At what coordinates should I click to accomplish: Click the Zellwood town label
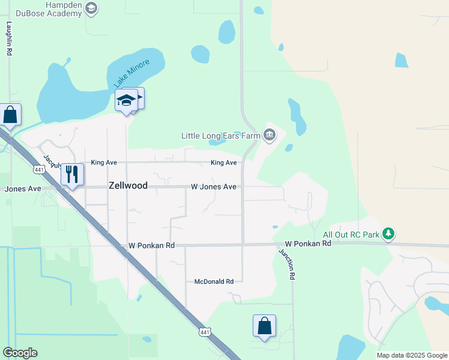tap(128, 186)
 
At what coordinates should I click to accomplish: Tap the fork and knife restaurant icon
tap(72, 174)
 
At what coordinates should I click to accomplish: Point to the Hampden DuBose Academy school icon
tap(91, 8)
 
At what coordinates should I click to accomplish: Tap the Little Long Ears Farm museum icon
tap(270, 136)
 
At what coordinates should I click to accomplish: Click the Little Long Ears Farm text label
tap(221, 136)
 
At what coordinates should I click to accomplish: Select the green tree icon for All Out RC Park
tap(389, 234)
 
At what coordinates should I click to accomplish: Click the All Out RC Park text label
tap(351, 235)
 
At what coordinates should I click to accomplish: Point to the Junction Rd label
tap(288, 264)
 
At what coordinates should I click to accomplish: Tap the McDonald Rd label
tap(214, 281)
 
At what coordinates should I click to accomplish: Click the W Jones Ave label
tap(214, 187)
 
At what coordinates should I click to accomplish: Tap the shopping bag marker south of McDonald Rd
tap(264, 326)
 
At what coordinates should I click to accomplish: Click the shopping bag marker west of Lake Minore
tap(10, 115)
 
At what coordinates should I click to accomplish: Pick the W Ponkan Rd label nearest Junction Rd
tap(308, 244)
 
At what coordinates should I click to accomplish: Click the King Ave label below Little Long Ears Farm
tap(223, 163)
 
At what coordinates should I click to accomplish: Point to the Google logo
tap(20, 353)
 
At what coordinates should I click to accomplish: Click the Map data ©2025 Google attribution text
tap(412, 355)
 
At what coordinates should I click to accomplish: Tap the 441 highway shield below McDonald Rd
tap(205, 331)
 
